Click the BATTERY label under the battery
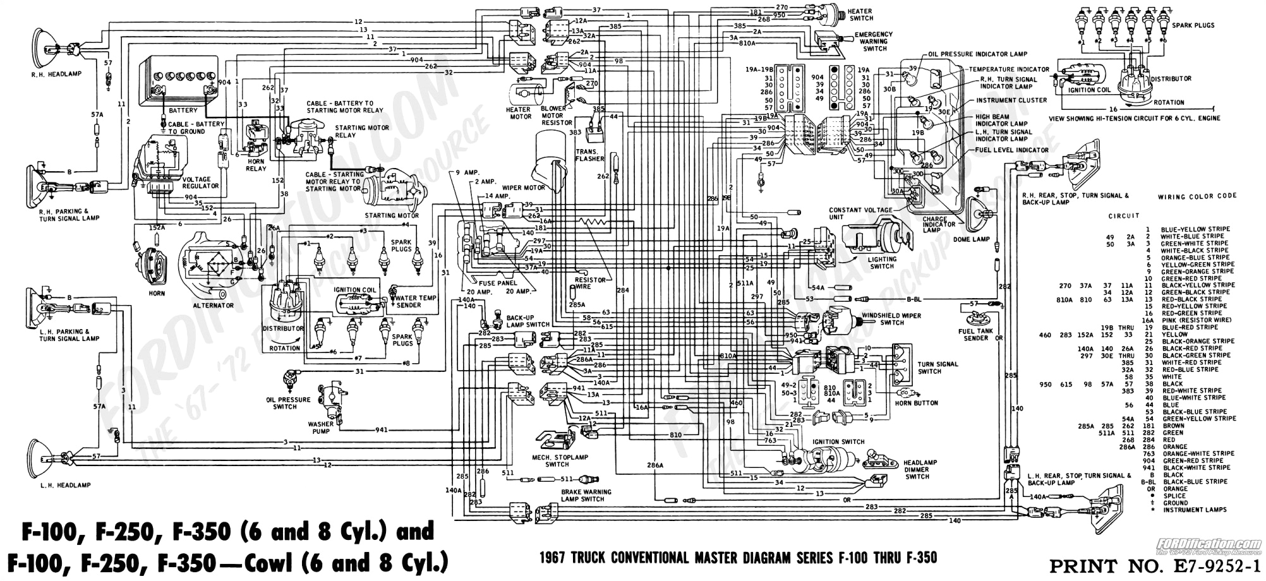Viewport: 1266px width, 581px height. [183, 111]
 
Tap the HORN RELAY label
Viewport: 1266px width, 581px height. [256, 165]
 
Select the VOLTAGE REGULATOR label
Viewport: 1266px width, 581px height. [200, 182]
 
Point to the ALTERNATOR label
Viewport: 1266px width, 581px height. [214, 306]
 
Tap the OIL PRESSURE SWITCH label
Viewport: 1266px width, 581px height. [288, 403]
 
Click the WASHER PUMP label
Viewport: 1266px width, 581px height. [321, 427]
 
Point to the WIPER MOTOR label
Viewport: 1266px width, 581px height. [524, 188]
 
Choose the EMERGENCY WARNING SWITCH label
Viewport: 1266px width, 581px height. [874, 42]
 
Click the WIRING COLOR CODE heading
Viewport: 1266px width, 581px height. [1197, 196]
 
